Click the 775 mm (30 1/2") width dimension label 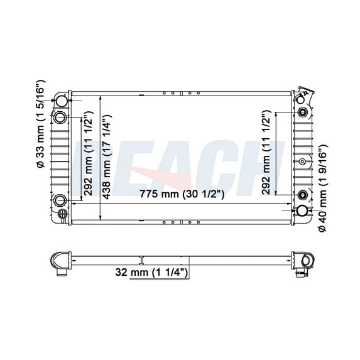[182, 194]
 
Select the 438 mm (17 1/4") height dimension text [107, 157]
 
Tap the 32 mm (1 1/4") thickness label [151, 272]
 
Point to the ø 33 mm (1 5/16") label [41, 123]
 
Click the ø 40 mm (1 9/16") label [323, 188]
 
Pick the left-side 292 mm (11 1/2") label [89, 153]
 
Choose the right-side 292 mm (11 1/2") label [266, 153]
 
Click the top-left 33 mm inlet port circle [62, 101]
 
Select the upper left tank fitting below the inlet [60, 117]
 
